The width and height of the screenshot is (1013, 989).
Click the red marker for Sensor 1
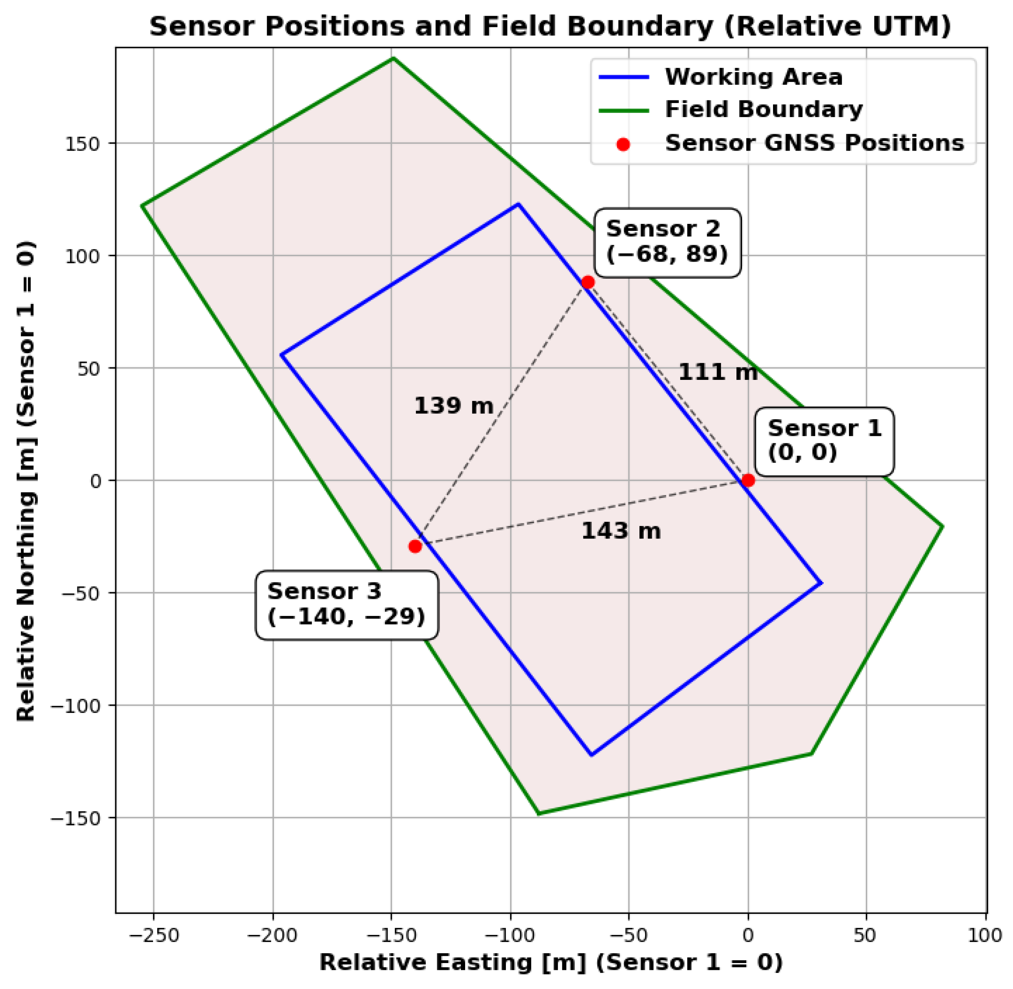[x=747, y=481]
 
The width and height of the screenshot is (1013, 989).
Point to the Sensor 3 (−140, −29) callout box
[x=346, y=605]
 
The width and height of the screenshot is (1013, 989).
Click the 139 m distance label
[x=454, y=406]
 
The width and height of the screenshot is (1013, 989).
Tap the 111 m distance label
[x=718, y=372]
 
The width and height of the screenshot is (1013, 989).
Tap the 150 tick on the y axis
[x=82, y=144]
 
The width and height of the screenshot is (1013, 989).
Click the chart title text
[x=550, y=26]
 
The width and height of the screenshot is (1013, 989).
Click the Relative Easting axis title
[x=551, y=963]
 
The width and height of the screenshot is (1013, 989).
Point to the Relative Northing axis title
[x=26, y=481]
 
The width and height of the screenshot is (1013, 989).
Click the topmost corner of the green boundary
[x=393, y=58]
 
